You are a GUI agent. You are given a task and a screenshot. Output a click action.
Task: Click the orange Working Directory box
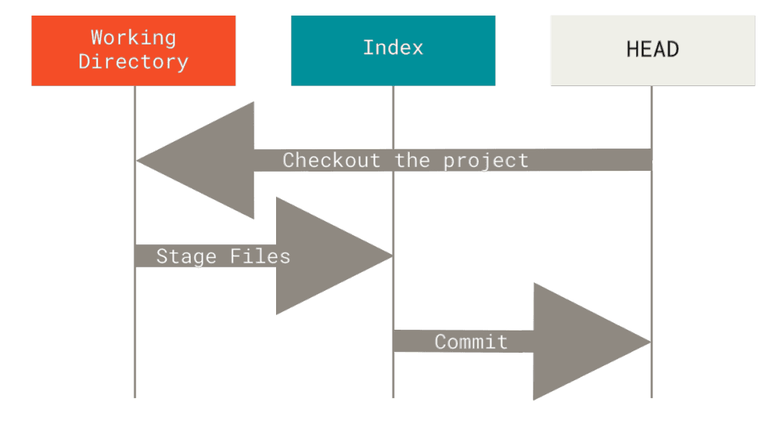pos(134,50)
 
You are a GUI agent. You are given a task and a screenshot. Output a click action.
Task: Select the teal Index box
pos(393,50)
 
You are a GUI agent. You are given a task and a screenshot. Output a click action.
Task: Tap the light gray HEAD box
pos(652,50)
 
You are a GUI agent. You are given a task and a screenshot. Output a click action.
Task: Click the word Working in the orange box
pos(134,38)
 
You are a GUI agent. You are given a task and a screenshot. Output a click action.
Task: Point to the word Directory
pos(134,62)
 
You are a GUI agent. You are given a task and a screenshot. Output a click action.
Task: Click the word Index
pos(393,48)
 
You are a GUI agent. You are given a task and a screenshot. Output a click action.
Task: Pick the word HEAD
pos(652,49)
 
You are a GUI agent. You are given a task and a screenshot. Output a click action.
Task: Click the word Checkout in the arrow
pos(332,160)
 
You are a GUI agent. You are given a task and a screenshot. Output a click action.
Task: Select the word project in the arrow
pos(486,161)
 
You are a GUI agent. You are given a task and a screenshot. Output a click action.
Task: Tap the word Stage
pos(186,257)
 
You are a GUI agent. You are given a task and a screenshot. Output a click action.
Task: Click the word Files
pos(260,256)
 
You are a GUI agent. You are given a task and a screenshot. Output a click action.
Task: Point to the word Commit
pos(471,342)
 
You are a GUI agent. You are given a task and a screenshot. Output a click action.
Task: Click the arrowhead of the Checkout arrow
pos(195,160)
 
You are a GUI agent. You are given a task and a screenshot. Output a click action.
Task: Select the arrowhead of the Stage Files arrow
pos(335,256)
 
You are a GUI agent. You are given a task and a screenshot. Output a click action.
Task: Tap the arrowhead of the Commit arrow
pos(592,342)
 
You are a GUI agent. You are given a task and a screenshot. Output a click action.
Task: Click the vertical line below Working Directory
pos(135,242)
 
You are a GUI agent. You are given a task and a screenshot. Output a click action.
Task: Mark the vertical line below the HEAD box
pos(652,242)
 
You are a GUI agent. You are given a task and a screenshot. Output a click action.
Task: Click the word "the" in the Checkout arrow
pos(413,160)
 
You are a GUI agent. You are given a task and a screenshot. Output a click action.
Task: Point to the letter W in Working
pos(96,38)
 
